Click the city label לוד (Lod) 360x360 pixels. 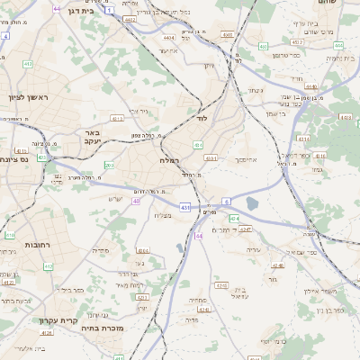point(203,118)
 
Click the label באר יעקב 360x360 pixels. point(89,136)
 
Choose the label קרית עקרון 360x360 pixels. point(59,319)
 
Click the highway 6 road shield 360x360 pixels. point(227,201)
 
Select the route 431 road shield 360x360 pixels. point(184,208)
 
